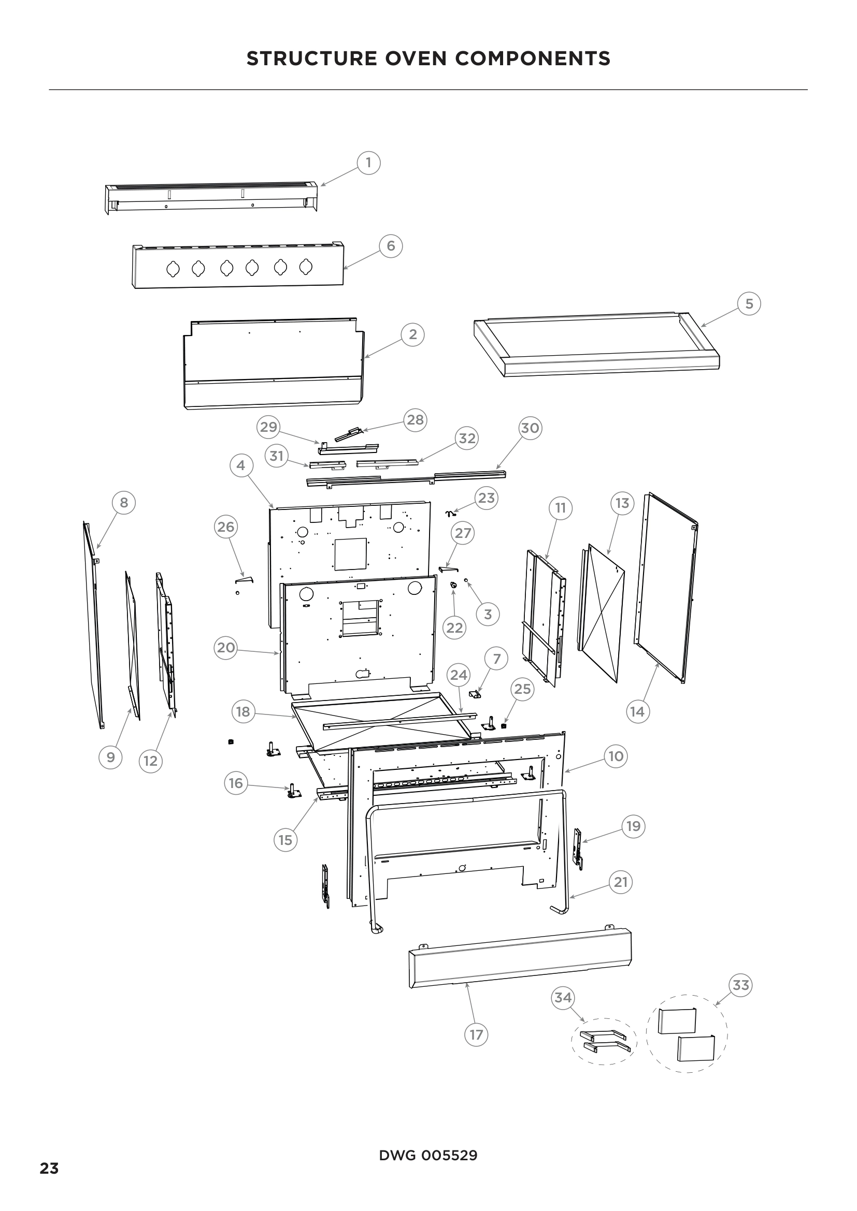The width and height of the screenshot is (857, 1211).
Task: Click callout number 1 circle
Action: [x=368, y=163]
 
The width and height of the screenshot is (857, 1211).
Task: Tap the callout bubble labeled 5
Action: [x=749, y=304]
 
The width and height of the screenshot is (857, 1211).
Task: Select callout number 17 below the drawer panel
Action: [x=476, y=1034]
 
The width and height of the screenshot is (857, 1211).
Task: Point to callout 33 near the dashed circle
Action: [x=740, y=985]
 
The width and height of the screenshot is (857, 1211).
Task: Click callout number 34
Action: [x=563, y=997]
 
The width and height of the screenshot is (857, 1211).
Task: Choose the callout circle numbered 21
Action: [x=621, y=882]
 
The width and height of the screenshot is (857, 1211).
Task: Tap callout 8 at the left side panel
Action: [x=124, y=503]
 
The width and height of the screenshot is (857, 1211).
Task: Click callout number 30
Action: [x=530, y=428]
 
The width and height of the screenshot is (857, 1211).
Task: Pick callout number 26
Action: [x=226, y=527]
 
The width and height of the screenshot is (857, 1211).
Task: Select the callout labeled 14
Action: [x=637, y=711]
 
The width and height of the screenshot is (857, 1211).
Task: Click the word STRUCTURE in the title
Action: [x=311, y=59]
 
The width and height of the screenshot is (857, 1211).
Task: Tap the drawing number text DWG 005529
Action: [x=428, y=1155]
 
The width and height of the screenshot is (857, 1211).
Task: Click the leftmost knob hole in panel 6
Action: [x=173, y=269]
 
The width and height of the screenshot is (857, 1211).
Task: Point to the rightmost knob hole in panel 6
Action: [x=306, y=267]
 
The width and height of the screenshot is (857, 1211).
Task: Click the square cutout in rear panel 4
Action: [x=350, y=554]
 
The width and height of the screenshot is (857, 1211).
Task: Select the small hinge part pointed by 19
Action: [x=578, y=848]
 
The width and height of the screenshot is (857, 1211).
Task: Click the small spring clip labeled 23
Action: [x=450, y=513]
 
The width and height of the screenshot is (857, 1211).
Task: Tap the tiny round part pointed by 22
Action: [x=453, y=585]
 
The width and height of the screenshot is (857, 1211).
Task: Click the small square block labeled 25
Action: [x=504, y=726]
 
